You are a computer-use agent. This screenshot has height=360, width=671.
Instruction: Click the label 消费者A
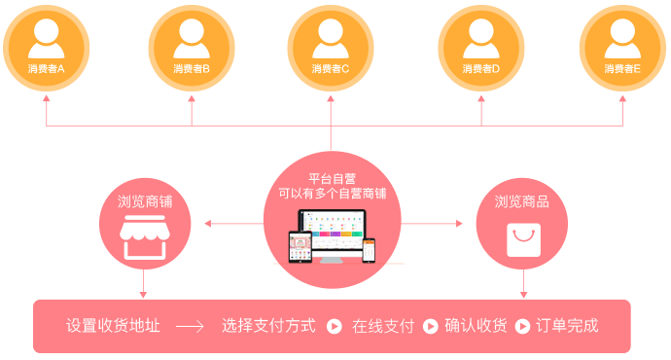pos(47,69)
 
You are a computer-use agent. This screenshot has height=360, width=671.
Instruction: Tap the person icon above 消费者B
pos(192,38)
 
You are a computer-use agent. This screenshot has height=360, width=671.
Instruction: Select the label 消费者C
pos(331,69)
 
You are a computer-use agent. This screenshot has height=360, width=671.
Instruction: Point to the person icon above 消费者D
pos(480,38)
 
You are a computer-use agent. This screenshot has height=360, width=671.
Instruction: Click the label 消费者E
pos(622,69)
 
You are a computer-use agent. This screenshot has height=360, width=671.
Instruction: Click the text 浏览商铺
pos(143,201)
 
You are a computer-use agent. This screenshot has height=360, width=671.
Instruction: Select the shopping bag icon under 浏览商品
pos(523,238)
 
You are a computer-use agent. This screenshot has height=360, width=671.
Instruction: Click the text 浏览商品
pos(522,201)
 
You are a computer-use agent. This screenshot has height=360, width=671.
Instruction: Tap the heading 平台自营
pos(332,178)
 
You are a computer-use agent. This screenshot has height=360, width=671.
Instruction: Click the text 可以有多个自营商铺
pos(332,194)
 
